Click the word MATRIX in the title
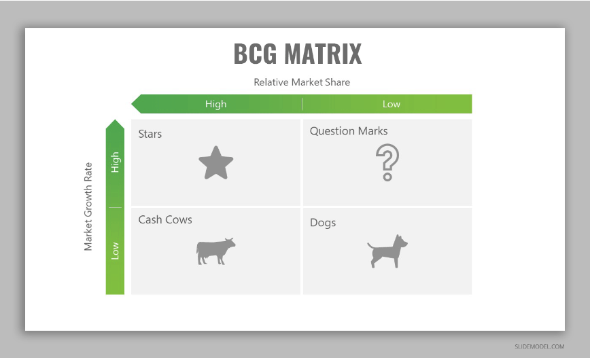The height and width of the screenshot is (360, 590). [323, 54]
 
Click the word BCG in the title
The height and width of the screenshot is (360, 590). [255, 54]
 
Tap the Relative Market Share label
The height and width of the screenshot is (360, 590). [302, 82]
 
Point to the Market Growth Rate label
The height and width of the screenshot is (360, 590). [88, 206]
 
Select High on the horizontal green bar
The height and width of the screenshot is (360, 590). [215, 104]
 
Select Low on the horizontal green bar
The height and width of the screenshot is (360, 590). [392, 104]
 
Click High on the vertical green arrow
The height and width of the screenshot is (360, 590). [115, 162]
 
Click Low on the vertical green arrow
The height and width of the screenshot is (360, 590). [115, 251]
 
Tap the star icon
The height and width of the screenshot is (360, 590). [216, 164]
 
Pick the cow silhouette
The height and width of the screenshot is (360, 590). [215, 251]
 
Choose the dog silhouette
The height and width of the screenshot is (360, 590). [387, 251]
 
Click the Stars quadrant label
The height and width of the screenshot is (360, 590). [150, 134]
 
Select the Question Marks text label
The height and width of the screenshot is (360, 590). [349, 131]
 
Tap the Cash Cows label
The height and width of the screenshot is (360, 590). [165, 219]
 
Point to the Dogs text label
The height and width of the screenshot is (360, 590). [323, 223]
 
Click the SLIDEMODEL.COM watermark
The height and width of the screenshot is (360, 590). [539, 346]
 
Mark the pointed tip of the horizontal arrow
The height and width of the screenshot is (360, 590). [131, 104]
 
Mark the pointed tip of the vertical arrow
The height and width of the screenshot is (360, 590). [115, 120]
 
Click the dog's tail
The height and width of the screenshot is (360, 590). [370, 246]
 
